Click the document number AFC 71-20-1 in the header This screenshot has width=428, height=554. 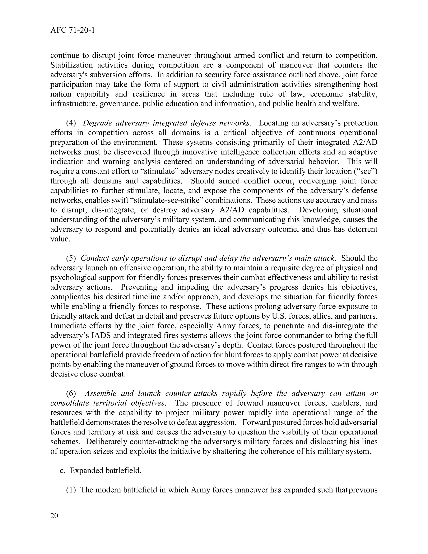(x=73, y=31)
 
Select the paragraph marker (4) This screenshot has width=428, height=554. (x=71, y=123)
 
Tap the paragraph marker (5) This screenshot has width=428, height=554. (x=71, y=258)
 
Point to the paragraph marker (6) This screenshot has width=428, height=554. (x=71, y=393)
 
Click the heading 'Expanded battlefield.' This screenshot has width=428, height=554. (x=106, y=471)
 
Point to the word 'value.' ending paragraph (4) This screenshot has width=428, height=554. (x=60, y=239)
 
